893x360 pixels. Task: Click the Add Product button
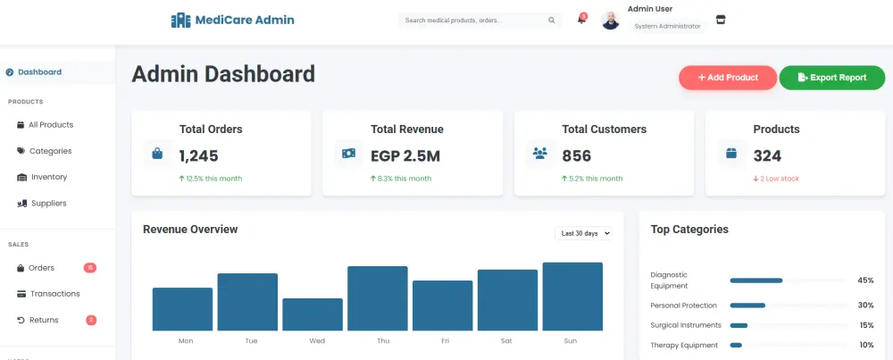pyautogui.click(x=728, y=78)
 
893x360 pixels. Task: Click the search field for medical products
pyautogui.click(x=473, y=21)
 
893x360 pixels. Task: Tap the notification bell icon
pyautogui.click(x=581, y=20)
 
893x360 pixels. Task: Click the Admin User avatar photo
pyautogui.click(x=611, y=21)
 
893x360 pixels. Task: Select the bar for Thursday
pyautogui.click(x=378, y=298)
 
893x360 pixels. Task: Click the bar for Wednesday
pyautogui.click(x=313, y=314)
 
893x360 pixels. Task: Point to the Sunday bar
pyautogui.click(x=572, y=297)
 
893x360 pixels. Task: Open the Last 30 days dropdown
pyautogui.click(x=585, y=233)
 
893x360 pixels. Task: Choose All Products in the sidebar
pyautogui.click(x=51, y=125)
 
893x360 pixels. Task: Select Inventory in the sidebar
pyautogui.click(x=49, y=177)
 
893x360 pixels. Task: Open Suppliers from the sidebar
pyautogui.click(x=49, y=203)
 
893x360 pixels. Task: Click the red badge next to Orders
pyautogui.click(x=90, y=268)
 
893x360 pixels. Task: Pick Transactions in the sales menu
pyautogui.click(x=54, y=294)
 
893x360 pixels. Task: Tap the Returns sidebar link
pyautogui.click(x=44, y=320)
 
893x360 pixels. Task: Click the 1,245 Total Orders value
pyautogui.click(x=198, y=156)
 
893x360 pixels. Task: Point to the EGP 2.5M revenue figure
pyautogui.click(x=405, y=156)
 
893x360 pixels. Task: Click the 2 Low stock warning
pyautogui.click(x=776, y=179)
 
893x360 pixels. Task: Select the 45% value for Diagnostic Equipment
pyautogui.click(x=865, y=280)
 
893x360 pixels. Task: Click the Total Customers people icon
pyautogui.click(x=539, y=154)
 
